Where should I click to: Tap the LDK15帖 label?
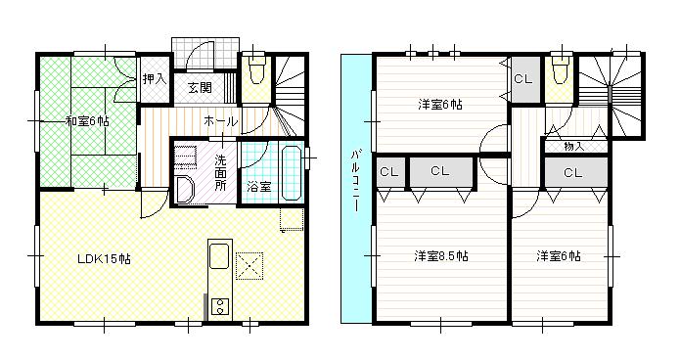pyautogui.click(x=105, y=259)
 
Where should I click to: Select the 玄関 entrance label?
pyautogui.click(x=200, y=87)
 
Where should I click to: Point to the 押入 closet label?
pyautogui.click(x=154, y=78)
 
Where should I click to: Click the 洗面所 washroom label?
pyautogui.click(x=220, y=171)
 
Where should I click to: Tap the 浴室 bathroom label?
pyautogui.click(x=258, y=186)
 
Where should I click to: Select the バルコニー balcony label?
pyautogui.click(x=355, y=186)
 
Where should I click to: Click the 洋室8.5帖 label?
pyautogui.click(x=440, y=257)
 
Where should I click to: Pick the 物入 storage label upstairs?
pyautogui.click(x=575, y=146)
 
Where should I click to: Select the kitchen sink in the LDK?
pyautogui.click(x=218, y=259)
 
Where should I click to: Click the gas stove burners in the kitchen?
pyautogui.click(x=218, y=307)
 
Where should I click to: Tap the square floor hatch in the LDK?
pyautogui.click(x=250, y=264)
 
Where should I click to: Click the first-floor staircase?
pyautogui.click(x=291, y=93)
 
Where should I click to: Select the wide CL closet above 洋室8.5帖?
pyautogui.click(x=439, y=172)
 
